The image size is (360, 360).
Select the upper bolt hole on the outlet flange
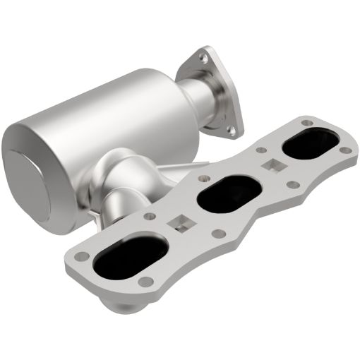(204, 54)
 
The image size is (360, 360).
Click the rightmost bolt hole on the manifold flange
(344, 150)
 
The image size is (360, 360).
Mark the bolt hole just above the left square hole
(150, 212)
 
